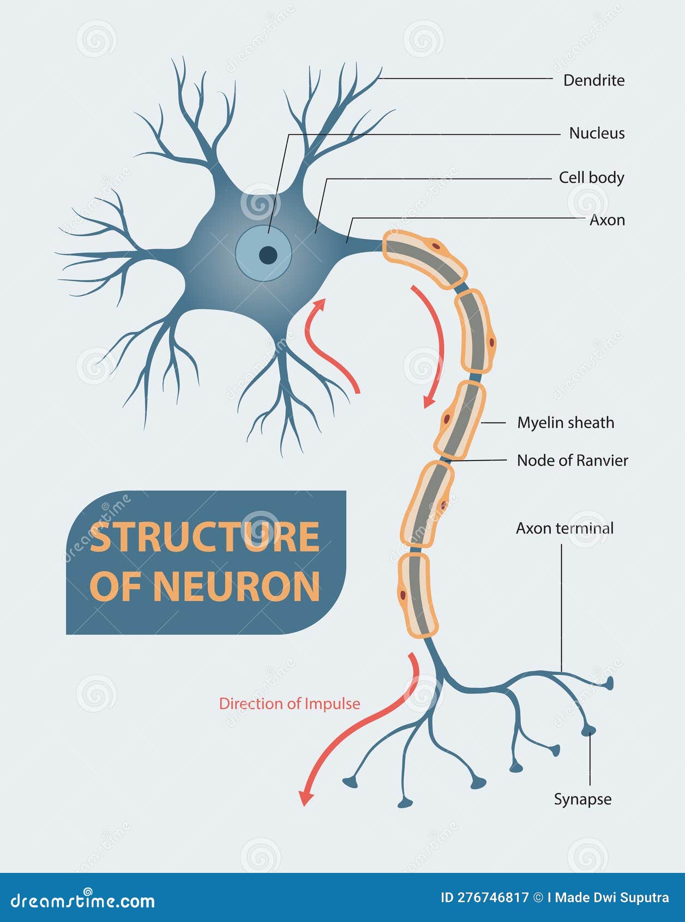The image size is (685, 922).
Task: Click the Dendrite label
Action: tap(593, 80)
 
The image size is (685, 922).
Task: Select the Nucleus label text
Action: tap(597, 133)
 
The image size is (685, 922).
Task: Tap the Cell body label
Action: tap(591, 177)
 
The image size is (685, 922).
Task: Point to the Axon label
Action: tap(607, 220)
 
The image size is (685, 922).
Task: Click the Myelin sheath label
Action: tap(566, 422)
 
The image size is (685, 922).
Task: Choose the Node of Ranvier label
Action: tap(572, 460)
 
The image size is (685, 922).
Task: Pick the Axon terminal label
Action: tap(564, 528)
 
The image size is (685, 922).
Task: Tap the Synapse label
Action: tap(582, 799)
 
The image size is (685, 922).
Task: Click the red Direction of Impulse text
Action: tap(290, 704)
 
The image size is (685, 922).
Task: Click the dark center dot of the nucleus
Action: tap(268, 255)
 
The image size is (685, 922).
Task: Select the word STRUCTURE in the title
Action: tap(205, 537)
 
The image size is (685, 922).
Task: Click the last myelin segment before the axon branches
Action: tap(417, 595)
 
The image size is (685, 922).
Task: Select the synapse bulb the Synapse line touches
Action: tap(588, 730)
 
